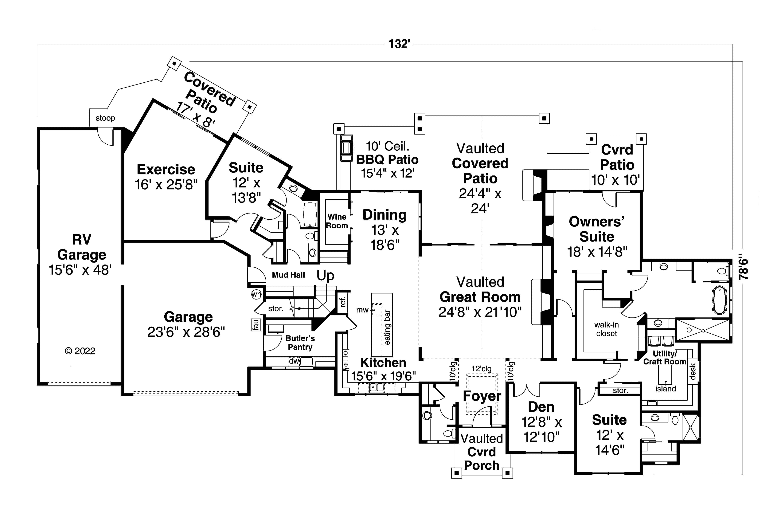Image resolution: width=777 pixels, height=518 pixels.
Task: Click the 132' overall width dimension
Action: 399,44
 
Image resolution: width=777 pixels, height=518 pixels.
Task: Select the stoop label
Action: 105,118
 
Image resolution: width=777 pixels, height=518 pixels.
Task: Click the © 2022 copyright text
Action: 80,351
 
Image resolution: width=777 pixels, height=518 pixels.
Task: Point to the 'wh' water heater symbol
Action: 256,294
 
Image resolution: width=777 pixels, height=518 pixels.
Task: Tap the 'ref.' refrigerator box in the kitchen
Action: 342,302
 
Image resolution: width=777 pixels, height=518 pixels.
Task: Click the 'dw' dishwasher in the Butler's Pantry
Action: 294,361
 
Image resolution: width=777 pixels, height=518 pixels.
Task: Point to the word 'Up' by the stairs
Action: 325,275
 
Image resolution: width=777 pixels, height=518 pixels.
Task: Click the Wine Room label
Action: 337,221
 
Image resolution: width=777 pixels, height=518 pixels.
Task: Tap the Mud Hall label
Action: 288,275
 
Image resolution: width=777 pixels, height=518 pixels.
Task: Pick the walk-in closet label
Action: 606,329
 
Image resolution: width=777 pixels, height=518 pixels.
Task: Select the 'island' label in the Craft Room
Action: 665,389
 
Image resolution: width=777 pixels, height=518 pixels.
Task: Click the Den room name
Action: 541,407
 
